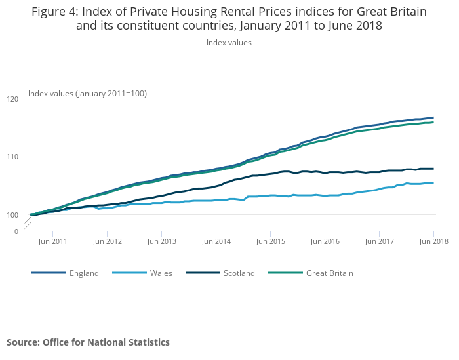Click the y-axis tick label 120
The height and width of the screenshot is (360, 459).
[x=14, y=99]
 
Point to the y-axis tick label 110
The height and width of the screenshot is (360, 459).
[x=14, y=157]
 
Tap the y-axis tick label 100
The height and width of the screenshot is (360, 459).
[x=14, y=214]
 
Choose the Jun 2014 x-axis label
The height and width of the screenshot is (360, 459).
[x=216, y=242]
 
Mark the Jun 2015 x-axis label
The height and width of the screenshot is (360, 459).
[x=270, y=242]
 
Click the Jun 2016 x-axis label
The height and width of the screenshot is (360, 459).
[x=325, y=242]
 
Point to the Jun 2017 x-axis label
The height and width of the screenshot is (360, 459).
[x=379, y=242]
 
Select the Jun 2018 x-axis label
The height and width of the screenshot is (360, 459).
[x=433, y=242]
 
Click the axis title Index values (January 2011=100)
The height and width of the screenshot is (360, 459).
[x=87, y=94]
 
